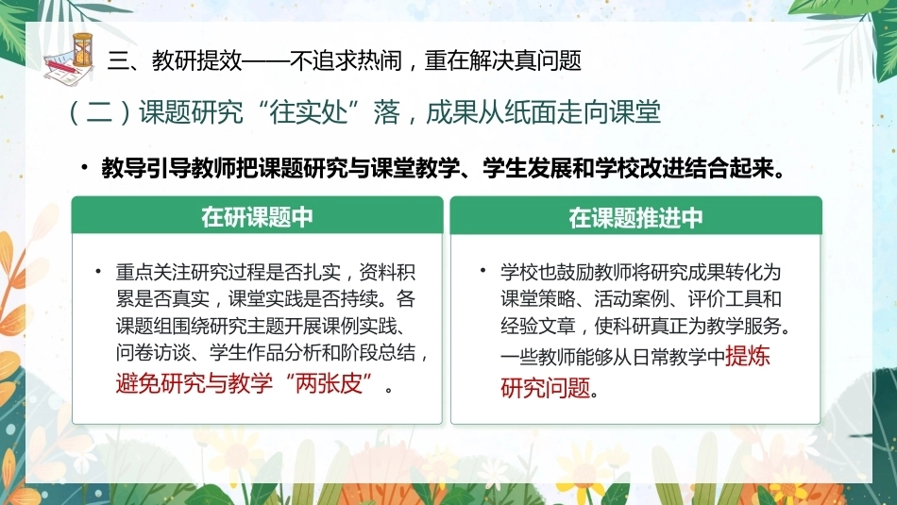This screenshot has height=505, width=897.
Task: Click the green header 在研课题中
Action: point(257,217)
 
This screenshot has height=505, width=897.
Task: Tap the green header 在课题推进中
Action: point(635,218)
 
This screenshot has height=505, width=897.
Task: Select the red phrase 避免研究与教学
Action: point(194,382)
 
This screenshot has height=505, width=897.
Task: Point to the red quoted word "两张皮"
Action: point(331,381)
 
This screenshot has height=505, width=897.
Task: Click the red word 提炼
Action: point(748,356)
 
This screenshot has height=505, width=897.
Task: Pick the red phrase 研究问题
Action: point(545,387)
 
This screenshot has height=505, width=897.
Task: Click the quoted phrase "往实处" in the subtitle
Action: point(309,112)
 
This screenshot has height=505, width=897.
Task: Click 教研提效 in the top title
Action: point(197,60)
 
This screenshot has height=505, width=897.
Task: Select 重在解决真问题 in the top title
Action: point(503,60)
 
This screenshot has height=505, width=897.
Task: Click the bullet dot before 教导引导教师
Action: point(85,167)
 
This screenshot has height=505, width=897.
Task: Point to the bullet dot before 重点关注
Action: point(98,271)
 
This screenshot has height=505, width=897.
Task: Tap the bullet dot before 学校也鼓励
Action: point(483,269)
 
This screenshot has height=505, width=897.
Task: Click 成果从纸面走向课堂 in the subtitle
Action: point(543,112)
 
